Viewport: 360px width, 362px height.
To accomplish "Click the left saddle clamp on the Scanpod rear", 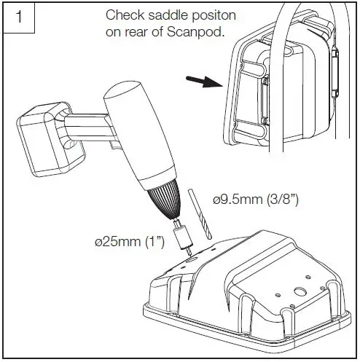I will click(251, 87).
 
